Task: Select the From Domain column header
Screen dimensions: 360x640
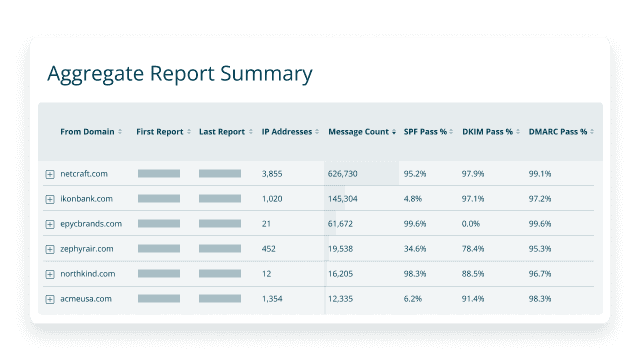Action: [x=87, y=131]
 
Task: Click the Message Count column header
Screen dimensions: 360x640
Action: [x=358, y=131]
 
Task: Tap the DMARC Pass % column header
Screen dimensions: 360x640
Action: [x=557, y=131]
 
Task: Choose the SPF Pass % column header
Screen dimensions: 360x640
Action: [x=425, y=131]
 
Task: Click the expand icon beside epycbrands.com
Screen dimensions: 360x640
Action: [x=49, y=224]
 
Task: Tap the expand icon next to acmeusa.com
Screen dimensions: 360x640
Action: [x=49, y=299]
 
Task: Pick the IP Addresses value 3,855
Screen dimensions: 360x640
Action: [x=272, y=174]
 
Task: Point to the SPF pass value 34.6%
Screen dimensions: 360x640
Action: [x=416, y=249]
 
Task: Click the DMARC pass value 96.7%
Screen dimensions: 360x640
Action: [x=540, y=273]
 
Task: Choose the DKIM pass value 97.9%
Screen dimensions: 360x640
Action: [x=474, y=174]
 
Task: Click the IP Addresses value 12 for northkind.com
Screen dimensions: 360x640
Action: [x=266, y=273]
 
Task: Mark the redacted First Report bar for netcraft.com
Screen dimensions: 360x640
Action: [x=158, y=174]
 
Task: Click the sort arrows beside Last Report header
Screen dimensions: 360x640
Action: [x=249, y=131]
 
